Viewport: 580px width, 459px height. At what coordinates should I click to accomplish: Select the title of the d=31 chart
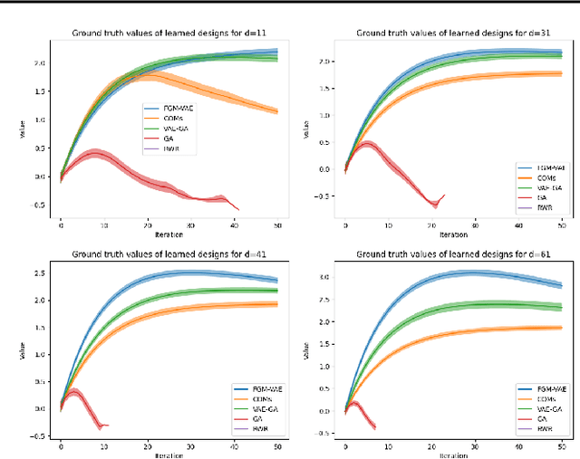point(453,34)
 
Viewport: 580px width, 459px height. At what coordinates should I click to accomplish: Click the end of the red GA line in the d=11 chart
point(238,210)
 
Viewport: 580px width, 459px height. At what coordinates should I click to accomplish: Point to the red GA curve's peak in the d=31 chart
point(367,142)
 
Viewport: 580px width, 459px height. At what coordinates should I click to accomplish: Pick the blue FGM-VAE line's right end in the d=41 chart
point(277,280)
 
